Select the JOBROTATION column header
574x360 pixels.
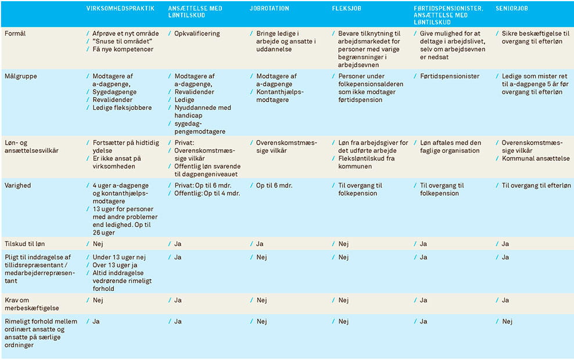coord(269,9)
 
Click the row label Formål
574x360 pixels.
coord(16,34)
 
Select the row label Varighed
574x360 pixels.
coord(18,185)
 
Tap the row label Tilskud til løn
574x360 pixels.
coord(27,244)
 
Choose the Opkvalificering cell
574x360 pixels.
coord(197,34)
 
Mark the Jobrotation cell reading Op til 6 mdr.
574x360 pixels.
coord(274,185)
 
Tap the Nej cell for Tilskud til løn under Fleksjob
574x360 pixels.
coord(343,244)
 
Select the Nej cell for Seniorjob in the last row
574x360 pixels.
coord(507,321)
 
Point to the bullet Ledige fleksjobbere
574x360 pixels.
coord(122,107)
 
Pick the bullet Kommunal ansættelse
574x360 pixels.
coord(536,159)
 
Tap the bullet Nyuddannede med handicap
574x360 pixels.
coord(202,111)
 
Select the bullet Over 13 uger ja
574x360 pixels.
coord(114,265)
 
